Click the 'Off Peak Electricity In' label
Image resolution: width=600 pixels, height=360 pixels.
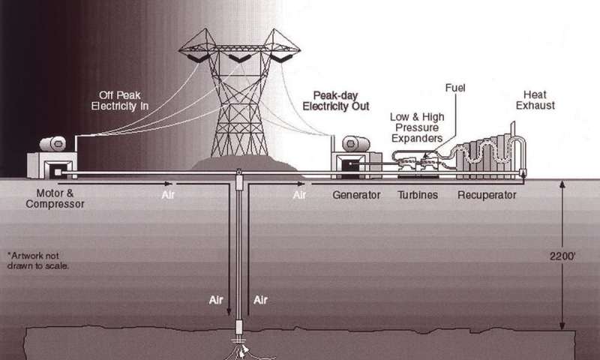123,100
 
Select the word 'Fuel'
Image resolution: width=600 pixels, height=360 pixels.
455,88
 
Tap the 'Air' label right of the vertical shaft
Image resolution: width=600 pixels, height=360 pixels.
261,299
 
